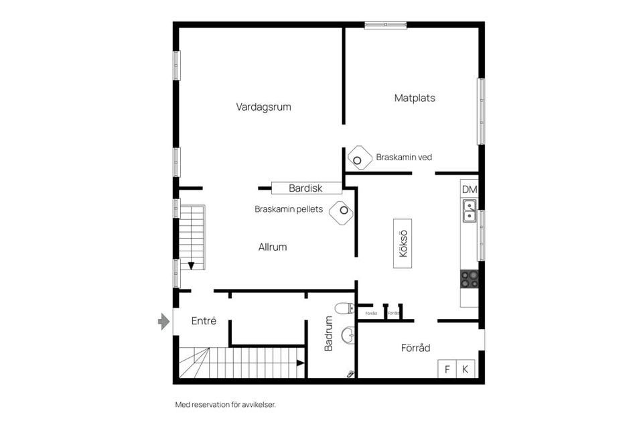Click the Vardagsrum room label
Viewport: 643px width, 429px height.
click(263, 107)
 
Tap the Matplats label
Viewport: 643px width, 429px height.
click(415, 98)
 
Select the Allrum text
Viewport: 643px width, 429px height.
click(273, 247)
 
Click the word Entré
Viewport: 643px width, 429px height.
click(204, 321)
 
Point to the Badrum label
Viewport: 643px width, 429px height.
click(329, 334)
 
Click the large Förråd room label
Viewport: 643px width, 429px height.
click(415, 348)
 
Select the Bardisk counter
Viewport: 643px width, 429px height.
click(306, 188)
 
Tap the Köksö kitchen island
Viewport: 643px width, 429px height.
click(403, 243)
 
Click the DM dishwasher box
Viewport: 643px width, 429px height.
click(470, 190)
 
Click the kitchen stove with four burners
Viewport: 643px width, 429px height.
click(470, 279)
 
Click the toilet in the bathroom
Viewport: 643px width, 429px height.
click(344, 308)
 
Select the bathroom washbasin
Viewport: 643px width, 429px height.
click(348, 335)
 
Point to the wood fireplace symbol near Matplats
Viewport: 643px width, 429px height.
click(359, 158)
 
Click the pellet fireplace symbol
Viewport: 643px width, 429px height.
click(342, 212)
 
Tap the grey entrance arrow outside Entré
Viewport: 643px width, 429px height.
click(163, 322)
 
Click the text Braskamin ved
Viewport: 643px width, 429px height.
click(404, 158)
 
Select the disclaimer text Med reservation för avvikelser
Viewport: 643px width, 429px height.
click(225, 405)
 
